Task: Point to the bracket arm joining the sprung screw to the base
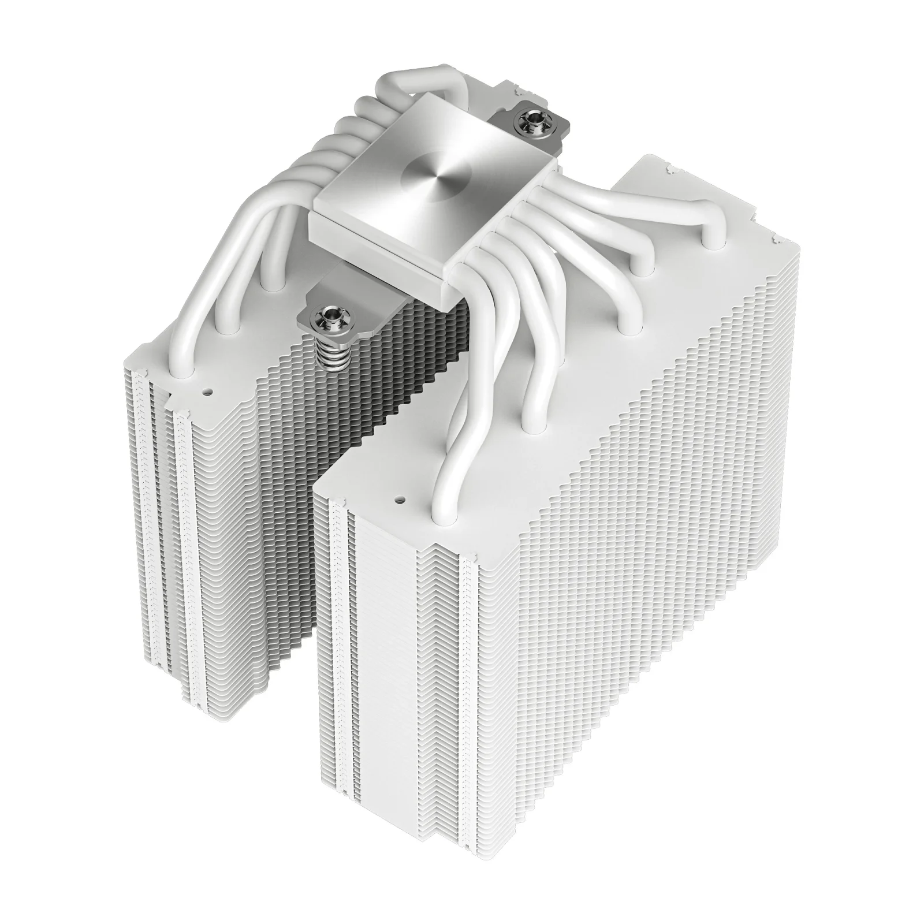point(346,295)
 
